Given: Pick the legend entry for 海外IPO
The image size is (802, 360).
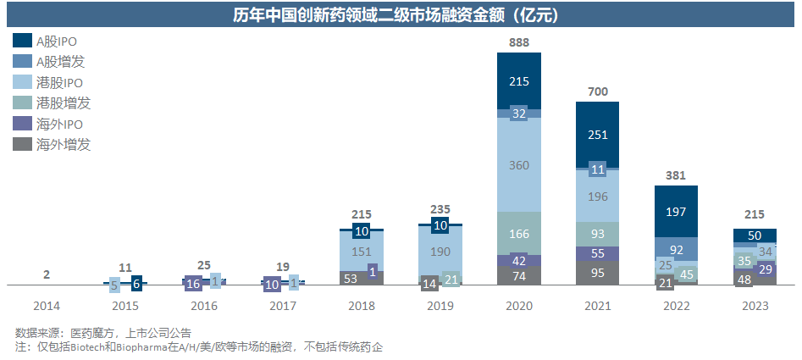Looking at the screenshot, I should (59, 124).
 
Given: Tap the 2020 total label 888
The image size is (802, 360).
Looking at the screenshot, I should (519, 42).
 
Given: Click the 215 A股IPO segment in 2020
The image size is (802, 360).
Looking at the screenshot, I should (519, 80).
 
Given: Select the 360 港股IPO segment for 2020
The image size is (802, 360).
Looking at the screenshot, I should (519, 164).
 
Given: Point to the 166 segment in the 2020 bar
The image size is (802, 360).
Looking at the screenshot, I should (519, 233).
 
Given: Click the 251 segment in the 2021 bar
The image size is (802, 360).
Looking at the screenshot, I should (597, 135).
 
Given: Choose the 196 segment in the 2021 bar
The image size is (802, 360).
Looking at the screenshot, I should (597, 197).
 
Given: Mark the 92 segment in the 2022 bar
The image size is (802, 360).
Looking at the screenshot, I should (675, 250).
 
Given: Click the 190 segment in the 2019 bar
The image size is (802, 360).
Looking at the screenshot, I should (441, 252).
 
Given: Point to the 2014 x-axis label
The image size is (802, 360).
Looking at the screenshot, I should (47, 306).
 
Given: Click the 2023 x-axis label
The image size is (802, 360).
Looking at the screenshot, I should (753, 306).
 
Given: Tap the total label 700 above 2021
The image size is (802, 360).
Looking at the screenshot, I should (597, 91).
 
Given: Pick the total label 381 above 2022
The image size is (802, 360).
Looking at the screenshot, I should (675, 175).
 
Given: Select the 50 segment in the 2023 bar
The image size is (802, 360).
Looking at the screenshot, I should (753, 235).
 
